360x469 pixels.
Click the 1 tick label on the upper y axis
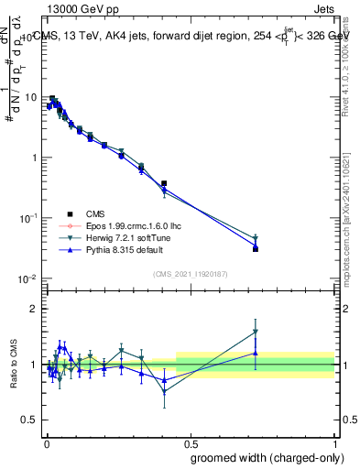(33, 158)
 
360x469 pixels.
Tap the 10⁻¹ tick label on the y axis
(27, 217)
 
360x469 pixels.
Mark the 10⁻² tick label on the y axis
(27, 278)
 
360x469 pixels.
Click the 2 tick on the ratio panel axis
(33, 309)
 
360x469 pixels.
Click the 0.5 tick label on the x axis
(190, 442)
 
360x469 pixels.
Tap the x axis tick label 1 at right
(333, 442)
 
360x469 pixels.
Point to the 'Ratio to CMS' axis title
(14, 365)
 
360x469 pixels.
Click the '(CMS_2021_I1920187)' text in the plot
(191, 274)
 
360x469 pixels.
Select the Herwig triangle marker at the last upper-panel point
(256, 237)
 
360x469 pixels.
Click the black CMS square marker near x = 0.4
(164, 183)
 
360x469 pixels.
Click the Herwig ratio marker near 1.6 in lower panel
(256, 332)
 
